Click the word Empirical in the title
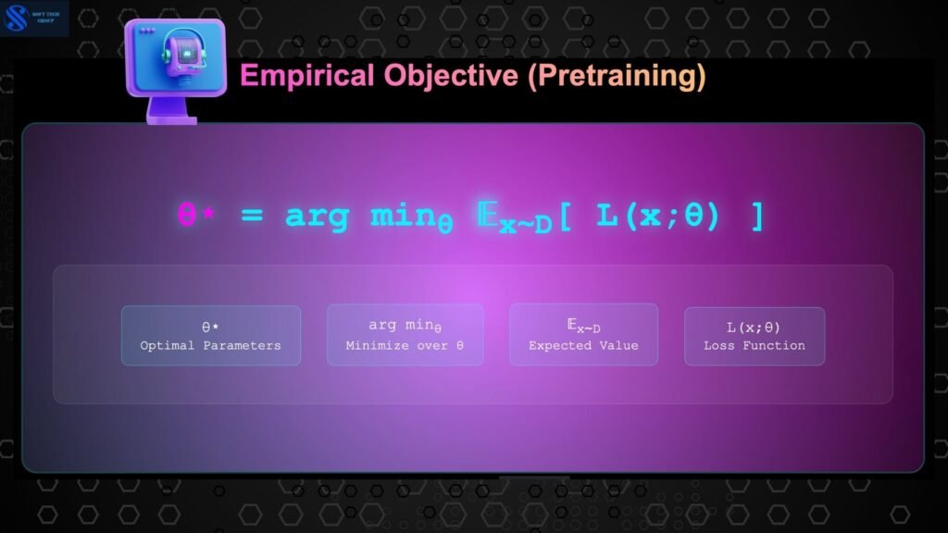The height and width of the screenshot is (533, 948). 307,76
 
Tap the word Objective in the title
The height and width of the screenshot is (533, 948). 451,76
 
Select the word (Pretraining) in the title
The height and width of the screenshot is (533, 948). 617,76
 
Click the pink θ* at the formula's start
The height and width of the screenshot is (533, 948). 196,215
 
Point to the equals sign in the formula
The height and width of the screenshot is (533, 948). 252,215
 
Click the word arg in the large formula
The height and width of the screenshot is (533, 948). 317,217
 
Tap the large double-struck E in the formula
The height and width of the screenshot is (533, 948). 487,215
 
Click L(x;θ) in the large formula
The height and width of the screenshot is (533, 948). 658,216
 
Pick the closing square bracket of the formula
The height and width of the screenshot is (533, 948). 757,217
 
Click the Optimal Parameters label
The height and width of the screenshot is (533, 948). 210,346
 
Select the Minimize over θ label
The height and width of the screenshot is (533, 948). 405,346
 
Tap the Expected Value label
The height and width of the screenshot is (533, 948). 583,346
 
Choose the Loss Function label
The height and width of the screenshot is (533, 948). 754,346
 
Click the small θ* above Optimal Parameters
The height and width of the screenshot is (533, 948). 210,327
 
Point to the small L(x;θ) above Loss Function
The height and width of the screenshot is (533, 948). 754,328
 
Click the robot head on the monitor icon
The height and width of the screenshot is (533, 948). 184,53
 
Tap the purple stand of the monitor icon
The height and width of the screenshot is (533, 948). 171,111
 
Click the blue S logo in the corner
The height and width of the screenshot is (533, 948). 16,18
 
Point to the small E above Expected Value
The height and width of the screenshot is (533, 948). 572,325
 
